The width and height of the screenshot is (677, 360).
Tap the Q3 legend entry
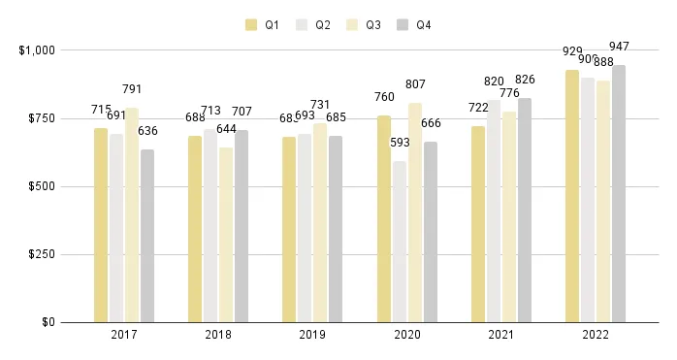point(372,25)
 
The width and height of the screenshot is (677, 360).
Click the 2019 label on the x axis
point(312,336)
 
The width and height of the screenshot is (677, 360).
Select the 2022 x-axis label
point(595,336)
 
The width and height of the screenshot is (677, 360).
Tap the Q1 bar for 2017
point(101,225)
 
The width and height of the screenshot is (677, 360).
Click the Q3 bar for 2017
point(132,214)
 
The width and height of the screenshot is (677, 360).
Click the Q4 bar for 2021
point(525,210)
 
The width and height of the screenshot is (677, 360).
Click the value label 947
point(619,46)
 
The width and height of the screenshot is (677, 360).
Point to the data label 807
point(415,83)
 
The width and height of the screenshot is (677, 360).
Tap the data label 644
point(226,128)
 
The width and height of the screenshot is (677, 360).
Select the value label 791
point(132,89)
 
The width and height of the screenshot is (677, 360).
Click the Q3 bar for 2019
point(320,222)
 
